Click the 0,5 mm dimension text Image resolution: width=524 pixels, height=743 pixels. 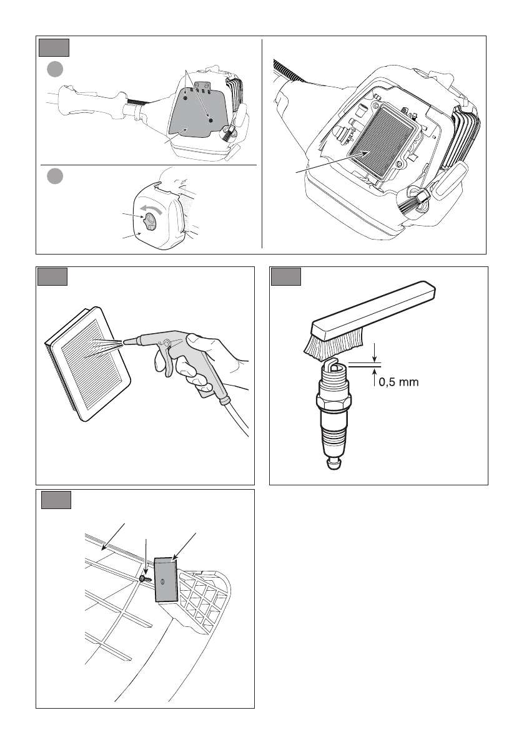398,382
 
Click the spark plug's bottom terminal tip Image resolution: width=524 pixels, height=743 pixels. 334,464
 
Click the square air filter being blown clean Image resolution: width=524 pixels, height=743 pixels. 88,364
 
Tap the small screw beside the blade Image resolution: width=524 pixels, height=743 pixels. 146,579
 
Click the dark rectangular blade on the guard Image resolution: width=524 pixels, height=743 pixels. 166,580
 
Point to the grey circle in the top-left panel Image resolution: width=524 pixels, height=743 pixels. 55,69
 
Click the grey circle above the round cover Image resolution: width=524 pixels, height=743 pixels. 55,177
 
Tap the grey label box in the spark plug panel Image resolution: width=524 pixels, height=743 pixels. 286,277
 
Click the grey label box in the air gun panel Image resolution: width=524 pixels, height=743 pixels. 52,277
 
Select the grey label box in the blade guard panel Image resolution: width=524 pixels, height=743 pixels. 56,500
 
